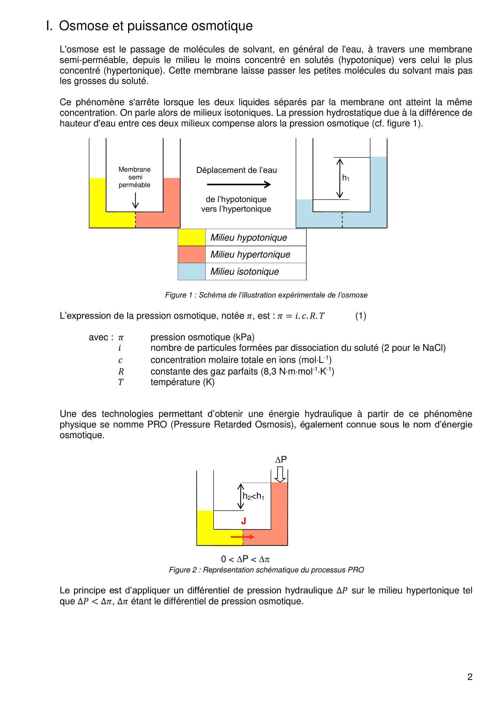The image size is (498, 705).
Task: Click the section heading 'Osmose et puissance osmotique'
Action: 156,26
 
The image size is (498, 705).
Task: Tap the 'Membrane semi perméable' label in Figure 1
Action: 135,177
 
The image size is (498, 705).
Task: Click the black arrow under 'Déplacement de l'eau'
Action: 239,184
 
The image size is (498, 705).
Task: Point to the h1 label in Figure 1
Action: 346,178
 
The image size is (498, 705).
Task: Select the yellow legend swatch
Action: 192,237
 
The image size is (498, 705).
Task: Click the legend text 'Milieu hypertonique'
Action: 250,255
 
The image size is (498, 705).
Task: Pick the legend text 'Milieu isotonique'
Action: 245,272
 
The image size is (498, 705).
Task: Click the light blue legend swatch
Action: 192,272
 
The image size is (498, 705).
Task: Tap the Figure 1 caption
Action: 266,295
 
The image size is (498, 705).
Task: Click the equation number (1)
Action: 361,316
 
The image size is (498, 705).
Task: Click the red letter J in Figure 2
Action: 243,521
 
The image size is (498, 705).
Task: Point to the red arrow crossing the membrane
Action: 242,537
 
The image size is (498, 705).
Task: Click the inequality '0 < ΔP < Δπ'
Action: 245,559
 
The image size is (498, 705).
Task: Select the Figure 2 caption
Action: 266,570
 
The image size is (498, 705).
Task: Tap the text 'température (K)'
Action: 183,382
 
